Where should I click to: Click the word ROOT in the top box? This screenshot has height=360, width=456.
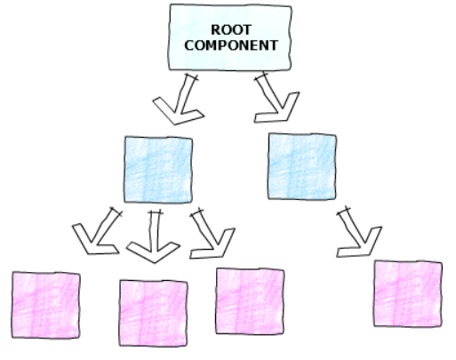(x=231, y=29)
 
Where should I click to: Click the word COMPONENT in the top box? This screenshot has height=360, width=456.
(x=231, y=45)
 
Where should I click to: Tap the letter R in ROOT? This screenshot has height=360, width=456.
(x=216, y=29)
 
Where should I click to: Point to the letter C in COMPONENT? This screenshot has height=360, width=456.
(x=189, y=45)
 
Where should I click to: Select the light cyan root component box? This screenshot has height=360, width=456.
(x=230, y=37)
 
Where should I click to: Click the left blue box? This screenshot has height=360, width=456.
(x=158, y=170)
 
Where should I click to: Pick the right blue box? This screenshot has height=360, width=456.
(x=302, y=166)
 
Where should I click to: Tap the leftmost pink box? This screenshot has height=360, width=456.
(x=46, y=305)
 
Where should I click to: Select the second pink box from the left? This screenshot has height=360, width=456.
(x=153, y=313)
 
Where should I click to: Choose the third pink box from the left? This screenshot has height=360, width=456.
(x=250, y=301)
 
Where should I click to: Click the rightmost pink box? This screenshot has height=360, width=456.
(x=408, y=294)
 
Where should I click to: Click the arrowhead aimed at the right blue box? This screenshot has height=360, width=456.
(x=277, y=109)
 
